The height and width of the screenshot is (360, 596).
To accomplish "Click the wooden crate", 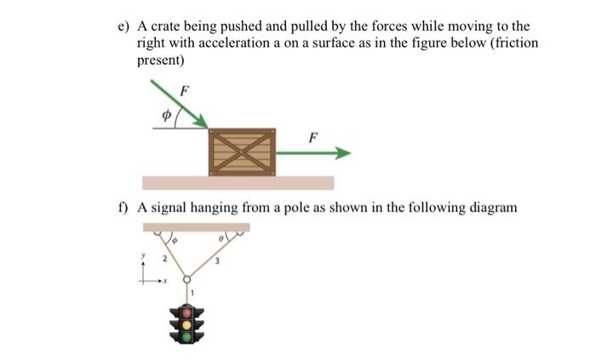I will point(243,152).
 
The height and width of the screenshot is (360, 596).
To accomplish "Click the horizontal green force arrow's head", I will point(342,153).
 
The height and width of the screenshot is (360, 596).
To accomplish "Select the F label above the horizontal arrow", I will point(314,136).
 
